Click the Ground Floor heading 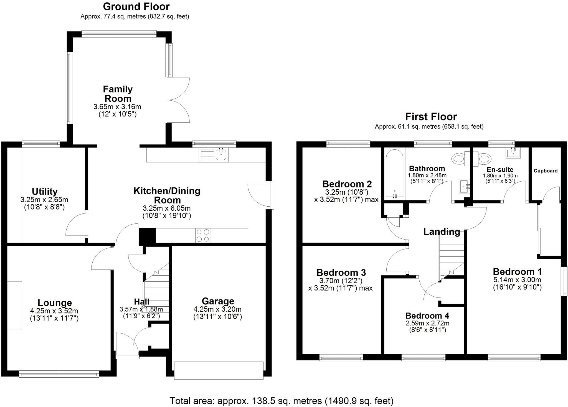(136, 6)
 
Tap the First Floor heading (431, 116)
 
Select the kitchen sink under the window (221, 154)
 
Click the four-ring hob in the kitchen (203, 235)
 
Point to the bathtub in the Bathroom (394, 174)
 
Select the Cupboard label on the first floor (545, 171)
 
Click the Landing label (442, 232)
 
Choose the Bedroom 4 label (427, 316)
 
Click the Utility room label (45, 191)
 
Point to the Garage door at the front (219, 370)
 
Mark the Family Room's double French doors (179, 100)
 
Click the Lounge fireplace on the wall (14, 305)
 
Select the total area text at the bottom (281, 401)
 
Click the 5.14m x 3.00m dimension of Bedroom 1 (517, 280)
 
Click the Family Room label (118, 94)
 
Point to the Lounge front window (59, 375)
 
